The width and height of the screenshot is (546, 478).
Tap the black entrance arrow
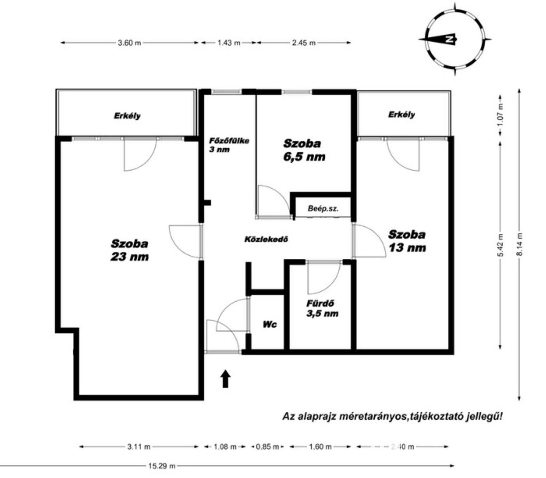point(225,379)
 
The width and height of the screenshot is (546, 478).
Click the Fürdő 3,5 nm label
point(322,308)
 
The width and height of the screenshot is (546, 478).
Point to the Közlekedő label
point(266,239)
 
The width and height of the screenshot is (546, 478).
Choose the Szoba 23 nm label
point(130,250)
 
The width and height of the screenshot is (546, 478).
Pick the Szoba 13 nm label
point(407,241)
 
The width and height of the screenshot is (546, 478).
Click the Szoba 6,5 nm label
point(304,150)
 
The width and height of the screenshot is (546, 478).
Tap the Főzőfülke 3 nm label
point(229,145)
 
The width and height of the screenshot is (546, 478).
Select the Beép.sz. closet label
point(323,208)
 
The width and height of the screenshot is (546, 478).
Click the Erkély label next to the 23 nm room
point(127,116)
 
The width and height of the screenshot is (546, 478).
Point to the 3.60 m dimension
point(130,43)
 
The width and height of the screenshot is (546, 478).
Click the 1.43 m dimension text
point(229,43)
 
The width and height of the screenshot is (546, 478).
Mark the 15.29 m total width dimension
point(227,466)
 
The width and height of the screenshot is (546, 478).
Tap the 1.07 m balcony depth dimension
point(500,115)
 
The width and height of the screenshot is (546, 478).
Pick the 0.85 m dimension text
point(267,447)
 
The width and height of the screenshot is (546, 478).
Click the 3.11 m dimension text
point(139,447)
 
